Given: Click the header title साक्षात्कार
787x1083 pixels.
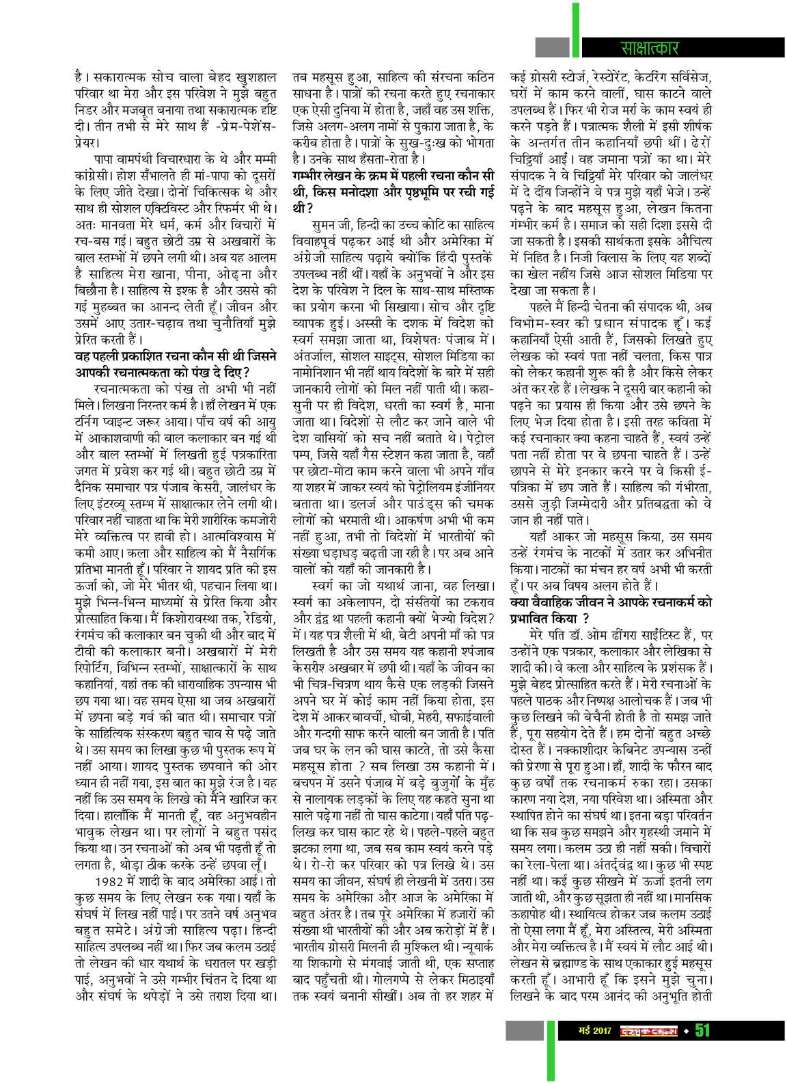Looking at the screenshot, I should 646,48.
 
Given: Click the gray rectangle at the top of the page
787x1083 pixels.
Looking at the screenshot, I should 552,46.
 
